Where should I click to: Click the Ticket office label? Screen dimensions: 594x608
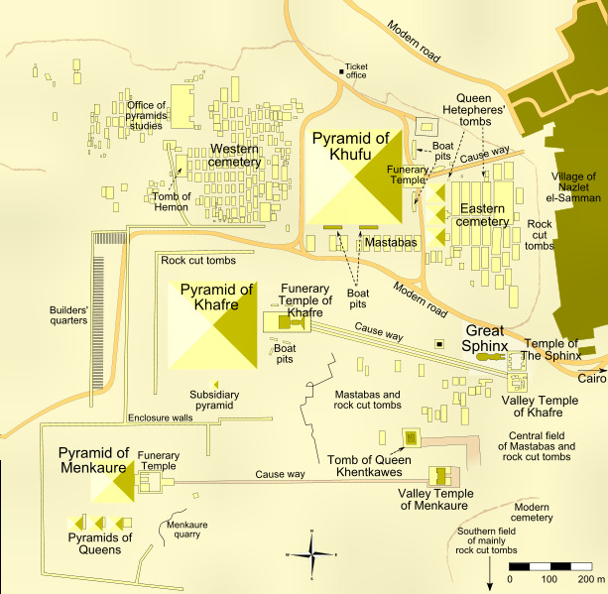355,71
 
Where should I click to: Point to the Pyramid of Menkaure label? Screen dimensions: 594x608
93,460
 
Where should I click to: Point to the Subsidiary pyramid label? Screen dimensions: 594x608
214,400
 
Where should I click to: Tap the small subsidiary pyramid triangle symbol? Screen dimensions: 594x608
214,384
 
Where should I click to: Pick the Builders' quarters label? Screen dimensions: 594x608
68,315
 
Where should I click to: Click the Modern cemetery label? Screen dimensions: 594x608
532,512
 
